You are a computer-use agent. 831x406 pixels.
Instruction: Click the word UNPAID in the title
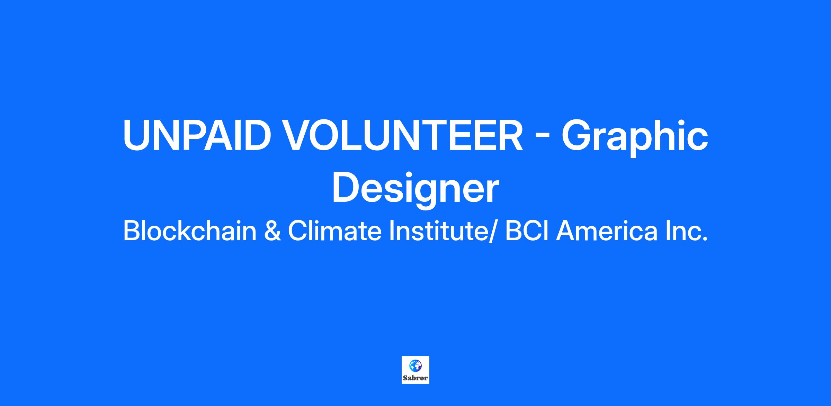click(196, 135)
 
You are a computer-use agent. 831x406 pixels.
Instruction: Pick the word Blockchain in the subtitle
click(190, 231)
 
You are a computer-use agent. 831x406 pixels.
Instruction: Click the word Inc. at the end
click(686, 231)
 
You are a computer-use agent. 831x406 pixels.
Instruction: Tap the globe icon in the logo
click(415, 365)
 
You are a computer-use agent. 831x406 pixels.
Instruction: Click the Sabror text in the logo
click(415, 378)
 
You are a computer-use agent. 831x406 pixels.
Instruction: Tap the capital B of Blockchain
click(131, 231)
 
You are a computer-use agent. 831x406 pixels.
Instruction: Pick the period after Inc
click(704, 239)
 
